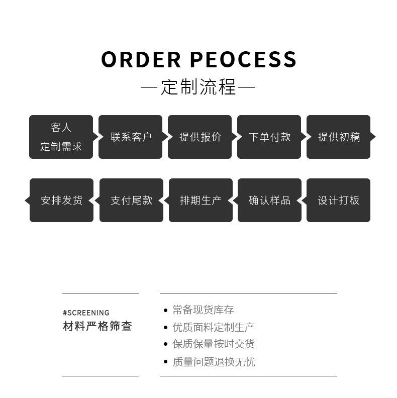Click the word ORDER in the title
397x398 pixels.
[x=141, y=59]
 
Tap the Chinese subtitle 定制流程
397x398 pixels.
[x=198, y=87]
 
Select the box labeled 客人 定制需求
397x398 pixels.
[x=61, y=137]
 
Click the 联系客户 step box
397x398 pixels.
[x=130, y=137]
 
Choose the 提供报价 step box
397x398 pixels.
[x=200, y=137]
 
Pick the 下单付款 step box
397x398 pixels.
[x=269, y=137]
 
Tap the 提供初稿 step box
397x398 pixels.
[x=338, y=137]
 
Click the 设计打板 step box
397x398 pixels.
[x=338, y=200]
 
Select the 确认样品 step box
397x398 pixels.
[x=269, y=200]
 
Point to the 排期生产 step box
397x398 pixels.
[x=201, y=200]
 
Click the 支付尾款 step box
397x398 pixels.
[x=131, y=200]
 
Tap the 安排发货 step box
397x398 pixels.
[x=61, y=200]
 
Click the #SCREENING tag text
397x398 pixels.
[x=86, y=313]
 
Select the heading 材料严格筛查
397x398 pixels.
[x=97, y=326]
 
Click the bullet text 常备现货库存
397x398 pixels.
[x=203, y=310]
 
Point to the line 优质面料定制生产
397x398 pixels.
[x=213, y=327]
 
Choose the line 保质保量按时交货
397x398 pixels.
[x=213, y=344]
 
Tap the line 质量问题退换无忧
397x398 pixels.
[x=213, y=362]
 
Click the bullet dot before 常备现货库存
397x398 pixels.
[x=165, y=310]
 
